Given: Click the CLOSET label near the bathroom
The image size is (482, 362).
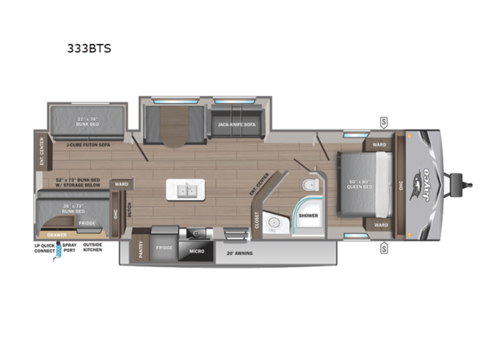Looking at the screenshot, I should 257,218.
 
